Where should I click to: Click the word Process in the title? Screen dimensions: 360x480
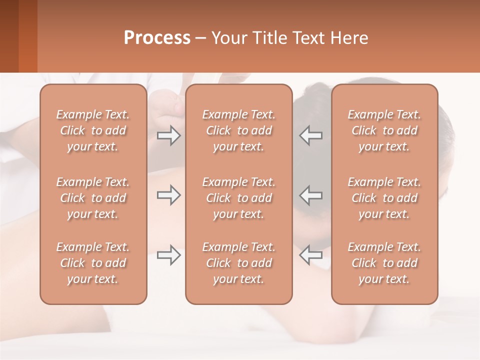157,37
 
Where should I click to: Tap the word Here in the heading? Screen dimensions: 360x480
349,37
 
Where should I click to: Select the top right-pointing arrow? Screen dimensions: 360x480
168,135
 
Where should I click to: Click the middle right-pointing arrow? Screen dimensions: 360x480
168,195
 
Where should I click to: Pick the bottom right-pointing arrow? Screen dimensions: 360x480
168,255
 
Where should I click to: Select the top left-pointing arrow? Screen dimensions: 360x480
310,135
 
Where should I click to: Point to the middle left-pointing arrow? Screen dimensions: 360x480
310,195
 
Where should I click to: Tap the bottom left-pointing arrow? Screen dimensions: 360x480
310,255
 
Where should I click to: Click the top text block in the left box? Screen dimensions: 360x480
93,130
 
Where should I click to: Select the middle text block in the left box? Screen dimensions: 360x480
93,198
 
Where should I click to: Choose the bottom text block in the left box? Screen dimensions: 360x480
93,263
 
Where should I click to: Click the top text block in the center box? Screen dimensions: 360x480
238,130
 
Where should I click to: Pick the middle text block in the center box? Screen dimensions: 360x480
238,198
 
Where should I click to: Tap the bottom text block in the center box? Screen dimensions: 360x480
238,263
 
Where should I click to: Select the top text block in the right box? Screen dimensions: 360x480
384,130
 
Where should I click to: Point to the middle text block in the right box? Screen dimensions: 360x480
384,198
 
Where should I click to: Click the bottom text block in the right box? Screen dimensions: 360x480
384,263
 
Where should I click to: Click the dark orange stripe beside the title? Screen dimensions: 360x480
27,36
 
